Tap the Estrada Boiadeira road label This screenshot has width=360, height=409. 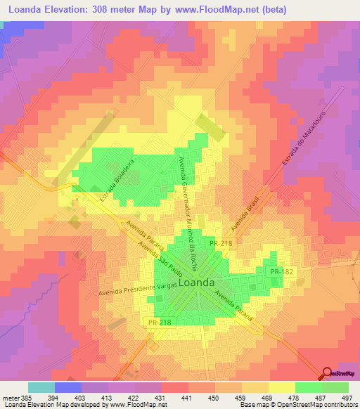coord(116,179)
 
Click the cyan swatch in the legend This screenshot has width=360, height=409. coord(41,387)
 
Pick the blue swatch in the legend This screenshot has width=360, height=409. coord(68,387)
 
